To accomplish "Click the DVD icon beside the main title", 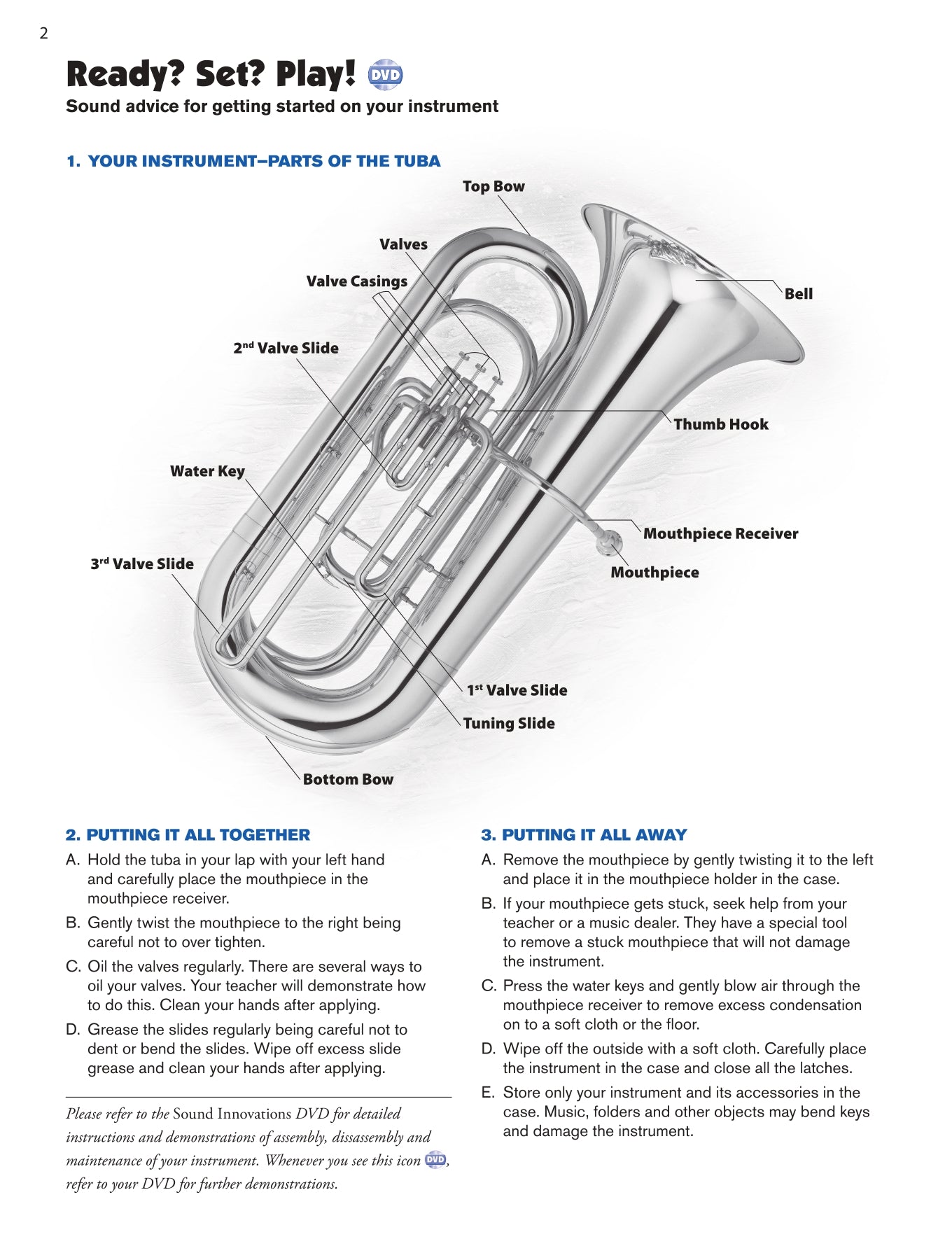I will (x=385, y=75).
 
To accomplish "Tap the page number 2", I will (x=43, y=33).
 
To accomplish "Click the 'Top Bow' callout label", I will (x=493, y=186).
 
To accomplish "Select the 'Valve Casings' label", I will (x=357, y=281).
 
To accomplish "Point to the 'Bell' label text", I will (x=798, y=294).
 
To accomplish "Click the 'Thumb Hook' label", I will (x=720, y=424).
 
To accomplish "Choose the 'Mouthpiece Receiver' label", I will (x=720, y=534).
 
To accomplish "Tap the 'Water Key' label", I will (x=207, y=471).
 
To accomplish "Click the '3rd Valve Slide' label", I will (x=142, y=564).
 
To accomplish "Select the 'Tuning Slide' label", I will (x=509, y=724).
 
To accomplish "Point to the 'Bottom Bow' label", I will (x=348, y=780).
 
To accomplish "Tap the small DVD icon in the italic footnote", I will (x=435, y=1160).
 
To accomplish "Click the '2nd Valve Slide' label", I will (x=286, y=349).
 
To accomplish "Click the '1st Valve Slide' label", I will (x=517, y=690).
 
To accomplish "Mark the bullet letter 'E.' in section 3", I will (x=488, y=1093).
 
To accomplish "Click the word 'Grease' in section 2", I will (x=109, y=1030).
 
